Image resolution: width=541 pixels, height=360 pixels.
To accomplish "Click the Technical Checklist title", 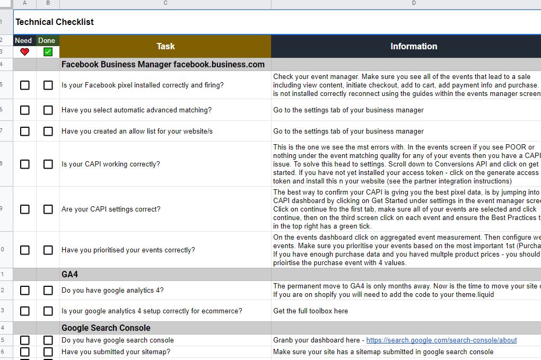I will [55, 22].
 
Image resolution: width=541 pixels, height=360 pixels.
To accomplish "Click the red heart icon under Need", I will [24, 52].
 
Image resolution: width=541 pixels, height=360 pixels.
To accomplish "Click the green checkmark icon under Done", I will [48, 52].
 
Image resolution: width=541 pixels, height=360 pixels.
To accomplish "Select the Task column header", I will [165, 46].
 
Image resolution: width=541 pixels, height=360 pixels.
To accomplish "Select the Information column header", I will [414, 46].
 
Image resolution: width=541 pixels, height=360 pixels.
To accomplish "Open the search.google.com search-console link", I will [441, 340].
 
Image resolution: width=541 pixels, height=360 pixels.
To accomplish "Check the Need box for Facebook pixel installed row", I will [24, 85].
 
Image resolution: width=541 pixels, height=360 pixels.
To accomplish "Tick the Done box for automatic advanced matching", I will [48, 110].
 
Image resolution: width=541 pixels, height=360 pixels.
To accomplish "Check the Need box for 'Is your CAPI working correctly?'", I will [24, 164].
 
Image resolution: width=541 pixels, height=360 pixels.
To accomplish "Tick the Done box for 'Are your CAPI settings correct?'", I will [48, 209].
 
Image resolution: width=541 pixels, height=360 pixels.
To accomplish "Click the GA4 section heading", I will [70, 274].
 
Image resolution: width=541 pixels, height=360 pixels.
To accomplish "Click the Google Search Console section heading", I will [106, 328].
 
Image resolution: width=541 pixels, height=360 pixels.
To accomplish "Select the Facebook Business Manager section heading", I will [163, 64].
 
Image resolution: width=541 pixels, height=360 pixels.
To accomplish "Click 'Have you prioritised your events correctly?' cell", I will [128, 250].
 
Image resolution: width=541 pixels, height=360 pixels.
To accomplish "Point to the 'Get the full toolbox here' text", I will [310, 311].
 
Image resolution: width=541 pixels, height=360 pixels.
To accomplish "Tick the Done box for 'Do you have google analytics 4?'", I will [48, 290].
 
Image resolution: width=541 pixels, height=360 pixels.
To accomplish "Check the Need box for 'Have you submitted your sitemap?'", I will [24, 352].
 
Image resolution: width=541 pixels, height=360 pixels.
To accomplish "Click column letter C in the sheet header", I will [165, 3].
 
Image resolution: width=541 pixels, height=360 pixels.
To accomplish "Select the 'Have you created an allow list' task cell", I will [137, 131].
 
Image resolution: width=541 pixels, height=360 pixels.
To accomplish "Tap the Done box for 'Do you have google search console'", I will [48, 340].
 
